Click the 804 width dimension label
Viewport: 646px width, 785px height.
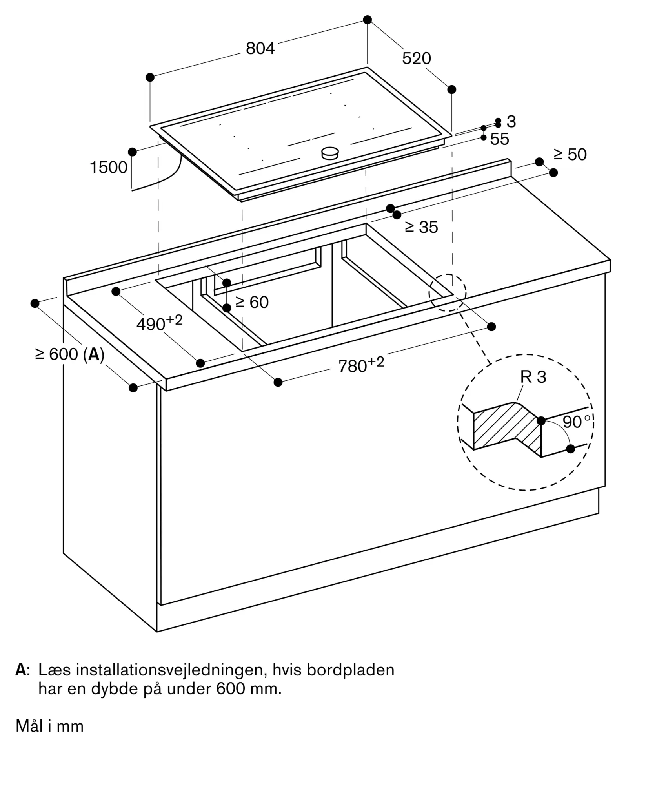tap(260, 48)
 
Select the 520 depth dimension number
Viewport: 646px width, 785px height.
tap(417, 58)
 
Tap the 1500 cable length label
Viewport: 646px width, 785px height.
tap(109, 167)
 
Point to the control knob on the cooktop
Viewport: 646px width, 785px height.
tap(330, 153)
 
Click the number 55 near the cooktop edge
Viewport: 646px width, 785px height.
tap(500, 139)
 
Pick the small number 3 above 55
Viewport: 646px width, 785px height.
tap(511, 122)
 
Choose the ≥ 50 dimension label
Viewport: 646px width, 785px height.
tap(570, 155)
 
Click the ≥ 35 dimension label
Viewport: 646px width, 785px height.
tap(421, 227)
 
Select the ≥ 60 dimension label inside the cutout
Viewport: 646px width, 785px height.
tap(252, 302)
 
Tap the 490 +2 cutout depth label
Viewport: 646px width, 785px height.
tap(159, 323)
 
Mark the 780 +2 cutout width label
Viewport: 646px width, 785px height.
tap(361, 365)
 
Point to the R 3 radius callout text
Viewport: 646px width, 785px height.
tap(533, 377)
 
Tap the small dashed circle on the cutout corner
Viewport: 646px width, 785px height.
tap(447, 292)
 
